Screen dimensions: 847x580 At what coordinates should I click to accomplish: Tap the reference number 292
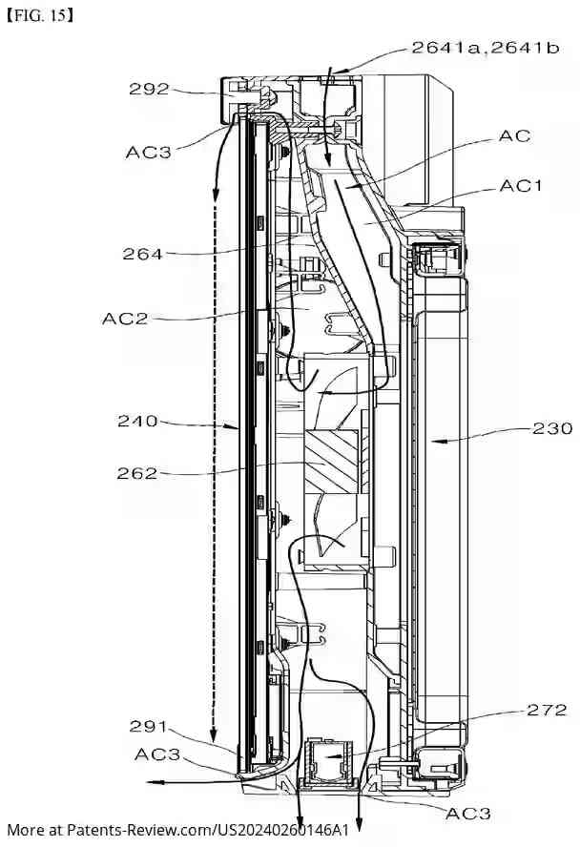[149, 90]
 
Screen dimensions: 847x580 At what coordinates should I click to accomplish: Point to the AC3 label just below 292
[148, 152]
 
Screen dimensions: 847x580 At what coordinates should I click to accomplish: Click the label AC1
[520, 186]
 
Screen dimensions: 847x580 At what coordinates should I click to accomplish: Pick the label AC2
[125, 318]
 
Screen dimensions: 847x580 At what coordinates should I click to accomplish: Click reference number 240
[137, 420]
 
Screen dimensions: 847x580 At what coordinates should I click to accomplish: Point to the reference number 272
[546, 710]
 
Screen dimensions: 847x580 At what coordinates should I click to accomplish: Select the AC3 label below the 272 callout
[468, 813]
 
